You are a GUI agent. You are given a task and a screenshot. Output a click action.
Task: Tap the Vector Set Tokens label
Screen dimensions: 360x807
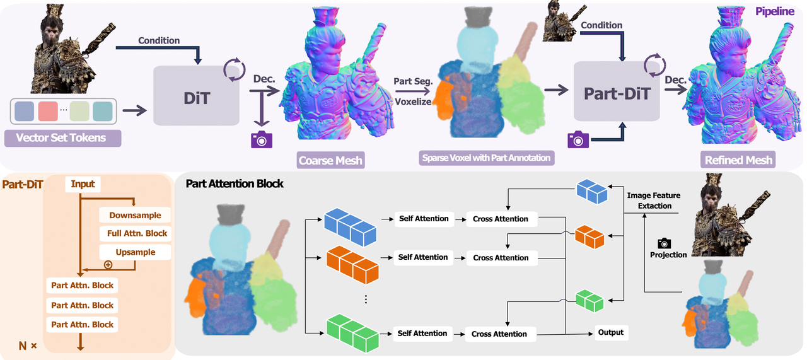pos(61,137)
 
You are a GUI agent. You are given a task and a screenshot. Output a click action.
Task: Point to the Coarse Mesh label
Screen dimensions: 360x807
pos(330,160)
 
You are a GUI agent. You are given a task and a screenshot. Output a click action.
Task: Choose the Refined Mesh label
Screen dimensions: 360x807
pos(738,160)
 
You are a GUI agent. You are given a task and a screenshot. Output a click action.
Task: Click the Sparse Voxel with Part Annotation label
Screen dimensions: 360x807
pos(485,158)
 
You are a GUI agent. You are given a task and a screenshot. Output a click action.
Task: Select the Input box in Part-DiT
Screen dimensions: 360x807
pos(83,184)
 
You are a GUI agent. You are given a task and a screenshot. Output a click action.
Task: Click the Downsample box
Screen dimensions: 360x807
pos(135,215)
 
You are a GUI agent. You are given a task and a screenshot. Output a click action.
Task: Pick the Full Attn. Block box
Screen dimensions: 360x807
pos(137,233)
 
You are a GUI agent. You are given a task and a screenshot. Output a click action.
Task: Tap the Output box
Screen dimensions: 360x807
pos(610,332)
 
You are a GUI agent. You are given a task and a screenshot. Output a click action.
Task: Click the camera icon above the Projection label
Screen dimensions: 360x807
pos(664,243)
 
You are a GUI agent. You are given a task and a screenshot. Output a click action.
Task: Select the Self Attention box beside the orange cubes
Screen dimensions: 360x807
pos(423,257)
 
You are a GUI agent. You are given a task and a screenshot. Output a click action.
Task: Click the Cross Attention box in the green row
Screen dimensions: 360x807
pos(499,334)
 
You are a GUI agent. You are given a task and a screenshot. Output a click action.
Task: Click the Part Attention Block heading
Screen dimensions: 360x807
pos(235,184)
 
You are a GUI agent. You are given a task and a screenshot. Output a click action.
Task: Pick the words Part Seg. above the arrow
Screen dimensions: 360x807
pos(412,82)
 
